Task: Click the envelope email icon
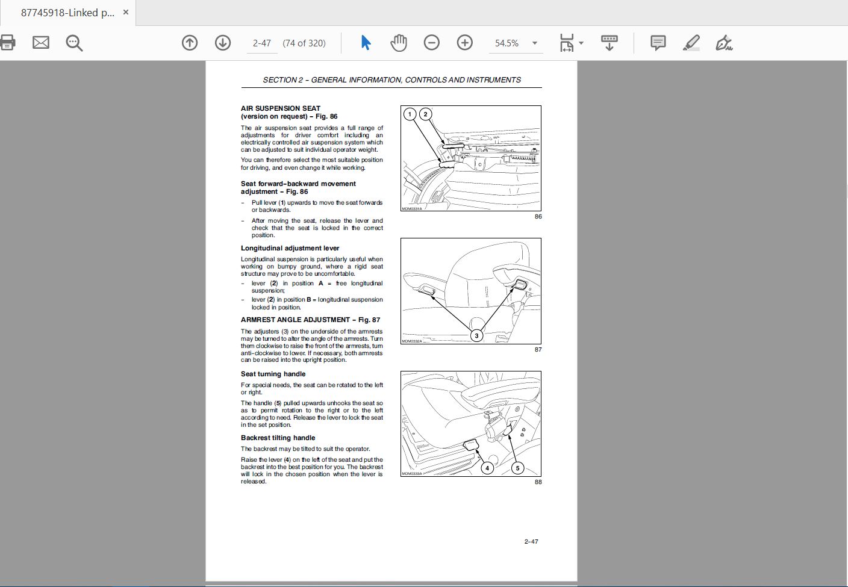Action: point(41,42)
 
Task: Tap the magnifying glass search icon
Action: point(74,43)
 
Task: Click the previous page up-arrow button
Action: point(190,43)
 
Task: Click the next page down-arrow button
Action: point(223,43)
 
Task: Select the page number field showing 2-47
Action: point(262,43)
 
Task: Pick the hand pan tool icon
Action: point(399,43)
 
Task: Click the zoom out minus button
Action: point(432,43)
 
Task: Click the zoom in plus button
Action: point(464,43)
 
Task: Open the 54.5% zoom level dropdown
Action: point(535,43)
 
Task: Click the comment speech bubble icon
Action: point(658,43)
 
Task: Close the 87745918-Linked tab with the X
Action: point(126,13)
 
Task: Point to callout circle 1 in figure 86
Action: point(410,114)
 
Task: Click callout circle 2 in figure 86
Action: point(426,114)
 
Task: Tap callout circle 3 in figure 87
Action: point(476,336)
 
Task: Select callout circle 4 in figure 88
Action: point(487,468)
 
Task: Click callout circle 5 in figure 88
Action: point(517,468)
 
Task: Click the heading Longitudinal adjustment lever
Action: point(290,248)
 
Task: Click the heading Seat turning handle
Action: point(273,374)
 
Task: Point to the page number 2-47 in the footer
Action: point(531,542)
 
